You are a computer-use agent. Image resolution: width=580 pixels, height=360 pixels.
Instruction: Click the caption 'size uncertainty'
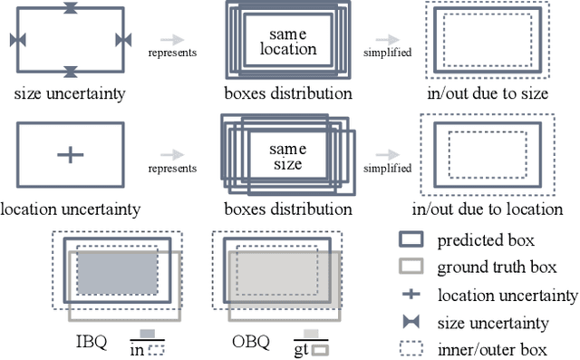click(70, 92)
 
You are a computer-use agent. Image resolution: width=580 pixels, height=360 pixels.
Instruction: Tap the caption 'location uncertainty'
click(70, 209)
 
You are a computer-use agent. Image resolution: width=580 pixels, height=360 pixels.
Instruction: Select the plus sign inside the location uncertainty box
click(70, 155)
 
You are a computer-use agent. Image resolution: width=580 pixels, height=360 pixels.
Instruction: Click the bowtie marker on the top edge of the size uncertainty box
click(71, 8)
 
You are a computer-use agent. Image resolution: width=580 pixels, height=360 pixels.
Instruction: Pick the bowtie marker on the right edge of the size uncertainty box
click(124, 39)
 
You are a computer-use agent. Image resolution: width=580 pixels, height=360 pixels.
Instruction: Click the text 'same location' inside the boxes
click(288, 41)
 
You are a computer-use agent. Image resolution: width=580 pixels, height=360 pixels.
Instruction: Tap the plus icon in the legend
click(411, 295)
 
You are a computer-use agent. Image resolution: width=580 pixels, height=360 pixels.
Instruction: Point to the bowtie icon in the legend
click(411, 322)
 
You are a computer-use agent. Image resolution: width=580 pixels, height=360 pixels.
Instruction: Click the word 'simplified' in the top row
click(387, 53)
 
